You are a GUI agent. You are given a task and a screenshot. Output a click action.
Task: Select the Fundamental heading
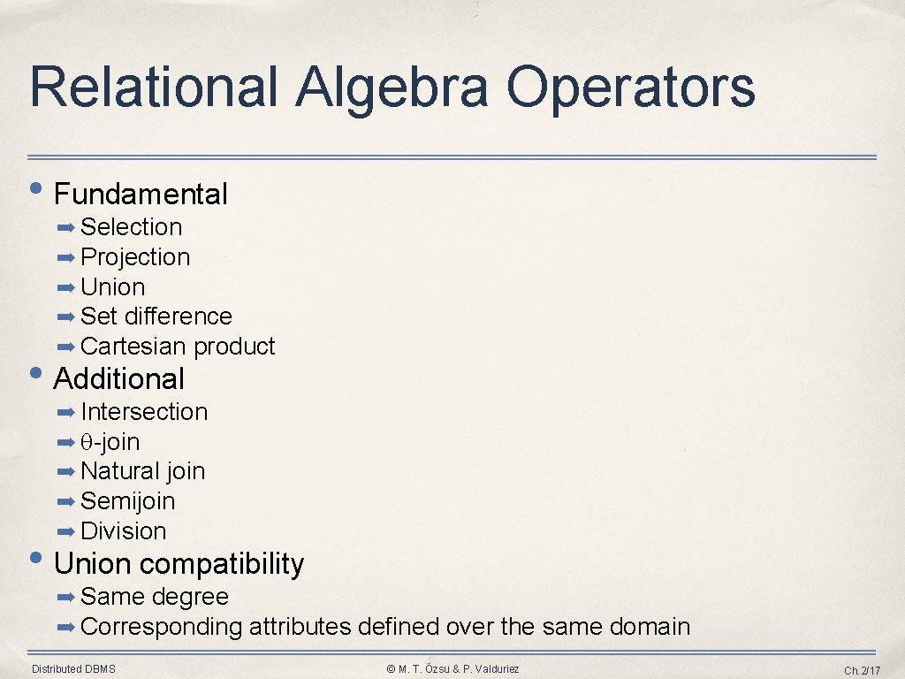pos(141,194)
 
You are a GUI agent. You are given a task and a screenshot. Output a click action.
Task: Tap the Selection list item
pos(131,227)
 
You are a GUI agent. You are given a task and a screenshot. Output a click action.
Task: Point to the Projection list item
pos(135,257)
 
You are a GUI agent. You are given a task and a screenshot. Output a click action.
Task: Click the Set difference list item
pos(156,317)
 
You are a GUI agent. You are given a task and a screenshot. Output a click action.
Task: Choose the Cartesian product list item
pos(178,347)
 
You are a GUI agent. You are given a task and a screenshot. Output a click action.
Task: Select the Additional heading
pos(119,378)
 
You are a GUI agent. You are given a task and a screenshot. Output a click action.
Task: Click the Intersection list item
pos(144,412)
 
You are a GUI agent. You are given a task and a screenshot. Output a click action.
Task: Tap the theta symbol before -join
pos(87,442)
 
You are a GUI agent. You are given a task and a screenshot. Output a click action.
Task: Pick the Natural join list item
pos(142,471)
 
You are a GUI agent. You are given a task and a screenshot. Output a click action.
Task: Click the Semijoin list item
pos(127,501)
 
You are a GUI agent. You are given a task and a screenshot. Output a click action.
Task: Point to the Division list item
pos(123,531)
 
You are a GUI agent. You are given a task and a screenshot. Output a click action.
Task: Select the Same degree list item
pos(154,597)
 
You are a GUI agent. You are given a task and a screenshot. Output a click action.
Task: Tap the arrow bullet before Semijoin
pos(66,501)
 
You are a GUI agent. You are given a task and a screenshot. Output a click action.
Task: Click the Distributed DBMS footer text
pos(73,668)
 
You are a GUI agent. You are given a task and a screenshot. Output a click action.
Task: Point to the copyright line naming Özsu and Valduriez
pos(453,668)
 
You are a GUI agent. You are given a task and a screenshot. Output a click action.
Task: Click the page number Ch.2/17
pos(863,670)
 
